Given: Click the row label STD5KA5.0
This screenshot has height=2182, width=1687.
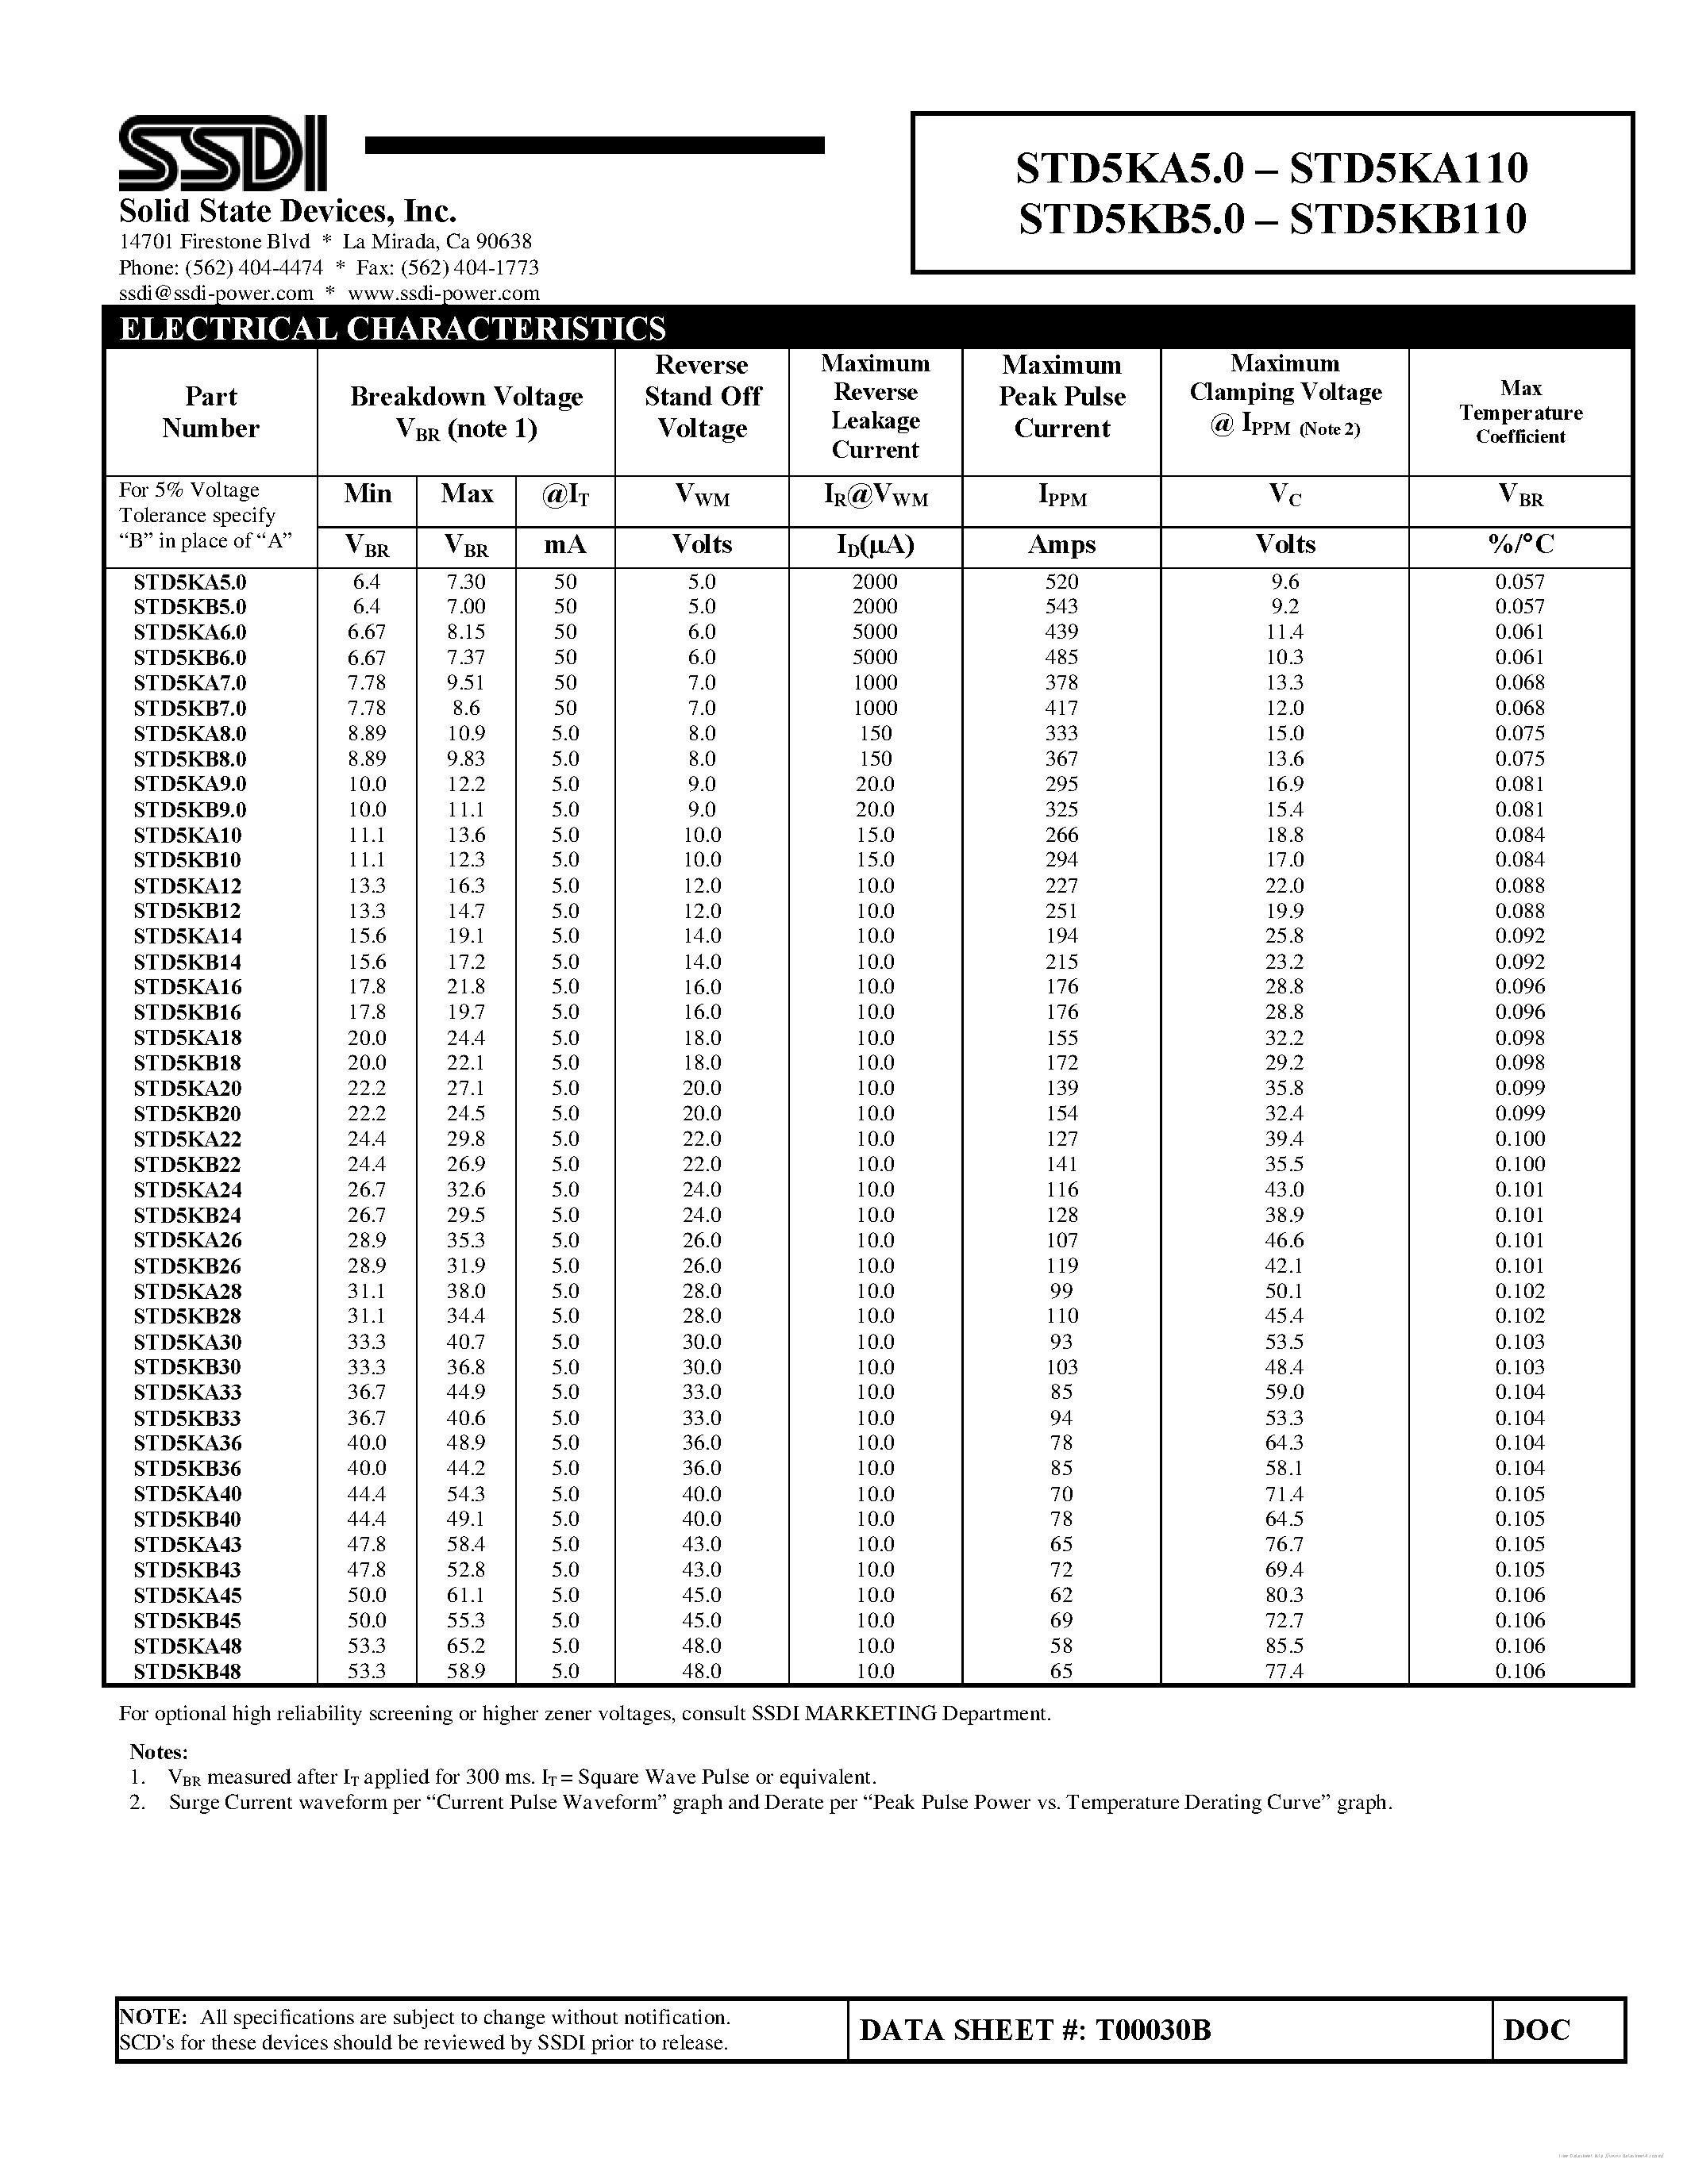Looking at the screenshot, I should click(190, 582).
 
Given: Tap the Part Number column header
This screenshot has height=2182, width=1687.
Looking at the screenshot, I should click(211, 413).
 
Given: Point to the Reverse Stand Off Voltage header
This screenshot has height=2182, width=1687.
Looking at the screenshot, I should click(703, 397).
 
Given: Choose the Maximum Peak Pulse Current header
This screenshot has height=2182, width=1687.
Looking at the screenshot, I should click(1061, 397).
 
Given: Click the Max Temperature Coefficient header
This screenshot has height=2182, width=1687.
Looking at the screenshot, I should click(1520, 412).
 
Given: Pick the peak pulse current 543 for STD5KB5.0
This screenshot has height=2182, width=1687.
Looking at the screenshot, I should click(1061, 606).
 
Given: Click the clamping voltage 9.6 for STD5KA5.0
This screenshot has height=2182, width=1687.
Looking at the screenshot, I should click(1285, 582).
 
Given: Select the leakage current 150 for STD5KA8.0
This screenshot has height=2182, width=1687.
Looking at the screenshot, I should click(876, 733).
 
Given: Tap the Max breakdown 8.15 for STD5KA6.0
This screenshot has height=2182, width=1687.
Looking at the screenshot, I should click(466, 632).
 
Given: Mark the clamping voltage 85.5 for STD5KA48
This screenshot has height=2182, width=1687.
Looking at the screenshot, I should click(1285, 1646).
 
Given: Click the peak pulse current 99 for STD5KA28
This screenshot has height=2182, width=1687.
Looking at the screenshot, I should click(1061, 1291).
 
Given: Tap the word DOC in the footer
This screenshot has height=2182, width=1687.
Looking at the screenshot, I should click(1537, 2029).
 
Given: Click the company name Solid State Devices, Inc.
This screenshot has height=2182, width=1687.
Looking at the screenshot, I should click(288, 212).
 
